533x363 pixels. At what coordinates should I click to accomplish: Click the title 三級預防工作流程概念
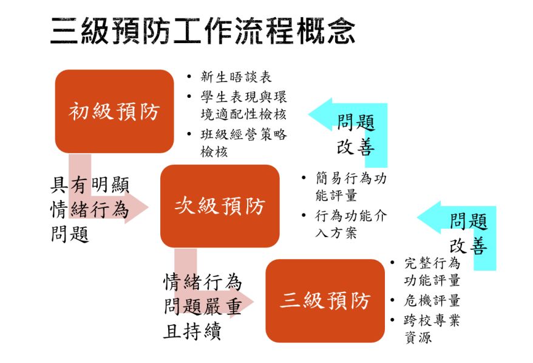(203, 32)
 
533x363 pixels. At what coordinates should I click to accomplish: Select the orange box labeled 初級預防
(115, 111)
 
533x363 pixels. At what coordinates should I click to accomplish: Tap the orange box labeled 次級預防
(220, 206)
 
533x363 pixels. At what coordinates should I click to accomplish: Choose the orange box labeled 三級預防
(325, 301)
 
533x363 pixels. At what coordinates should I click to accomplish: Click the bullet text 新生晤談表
(236, 77)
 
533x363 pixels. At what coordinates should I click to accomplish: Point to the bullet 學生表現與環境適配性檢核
(243, 106)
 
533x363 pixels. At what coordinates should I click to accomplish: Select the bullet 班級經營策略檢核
(243, 143)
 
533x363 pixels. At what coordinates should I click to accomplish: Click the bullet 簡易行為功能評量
(351, 187)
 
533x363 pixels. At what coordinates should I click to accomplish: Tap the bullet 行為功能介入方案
(351, 224)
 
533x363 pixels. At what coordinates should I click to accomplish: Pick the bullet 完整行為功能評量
(432, 272)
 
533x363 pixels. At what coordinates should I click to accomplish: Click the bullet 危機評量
(432, 301)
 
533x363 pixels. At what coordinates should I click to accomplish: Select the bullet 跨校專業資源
(432, 329)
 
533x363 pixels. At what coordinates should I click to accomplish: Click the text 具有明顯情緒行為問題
(90, 209)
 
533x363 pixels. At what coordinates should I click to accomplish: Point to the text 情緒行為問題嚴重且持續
(203, 306)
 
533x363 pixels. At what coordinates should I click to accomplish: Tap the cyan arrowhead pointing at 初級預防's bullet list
(320, 114)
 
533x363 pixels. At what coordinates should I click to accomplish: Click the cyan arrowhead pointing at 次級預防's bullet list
(429, 217)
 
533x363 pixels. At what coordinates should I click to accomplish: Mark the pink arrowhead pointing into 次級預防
(137, 207)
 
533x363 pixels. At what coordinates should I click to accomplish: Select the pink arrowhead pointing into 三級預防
(242, 302)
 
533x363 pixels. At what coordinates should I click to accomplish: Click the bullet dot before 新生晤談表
(189, 77)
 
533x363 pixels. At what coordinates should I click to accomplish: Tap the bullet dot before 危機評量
(393, 301)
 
